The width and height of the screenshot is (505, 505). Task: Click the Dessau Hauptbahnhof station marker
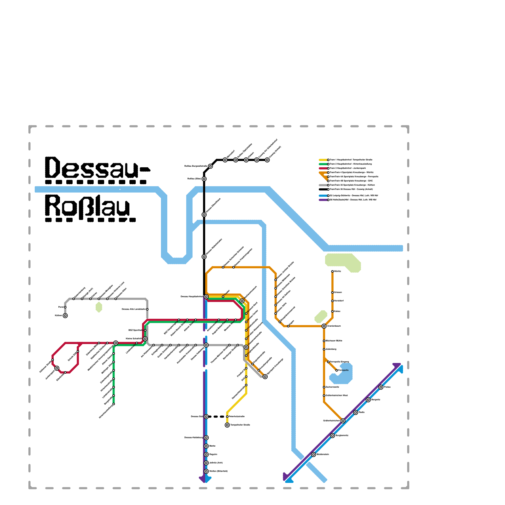click(206, 297)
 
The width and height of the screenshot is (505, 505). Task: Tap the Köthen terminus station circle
click(65, 316)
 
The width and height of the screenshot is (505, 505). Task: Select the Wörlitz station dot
click(332, 271)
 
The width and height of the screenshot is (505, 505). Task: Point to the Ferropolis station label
click(343, 370)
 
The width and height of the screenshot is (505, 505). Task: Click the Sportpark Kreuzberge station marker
click(265, 377)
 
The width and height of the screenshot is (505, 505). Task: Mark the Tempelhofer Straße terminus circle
click(227, 425)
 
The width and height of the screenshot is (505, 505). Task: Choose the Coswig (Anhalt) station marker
click(267, 160)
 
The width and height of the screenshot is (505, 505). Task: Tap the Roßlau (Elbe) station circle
click(204, 179)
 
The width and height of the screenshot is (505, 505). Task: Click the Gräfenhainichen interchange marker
click(343, 421)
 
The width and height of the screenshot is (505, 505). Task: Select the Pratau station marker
click(381, 387)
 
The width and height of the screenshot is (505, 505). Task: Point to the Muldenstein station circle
click(313, 454)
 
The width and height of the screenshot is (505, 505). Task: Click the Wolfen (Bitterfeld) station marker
click(206, 471)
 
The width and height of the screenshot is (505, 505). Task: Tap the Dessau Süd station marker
click(206, 417)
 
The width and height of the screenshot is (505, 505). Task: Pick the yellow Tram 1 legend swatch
click(323, 160)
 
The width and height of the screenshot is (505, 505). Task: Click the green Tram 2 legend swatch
click(323, 164)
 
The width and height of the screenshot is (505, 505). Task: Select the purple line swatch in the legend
click(323, 200)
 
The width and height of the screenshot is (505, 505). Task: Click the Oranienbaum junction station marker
click(324, 326)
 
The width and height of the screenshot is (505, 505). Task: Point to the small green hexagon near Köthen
click(99, 307)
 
